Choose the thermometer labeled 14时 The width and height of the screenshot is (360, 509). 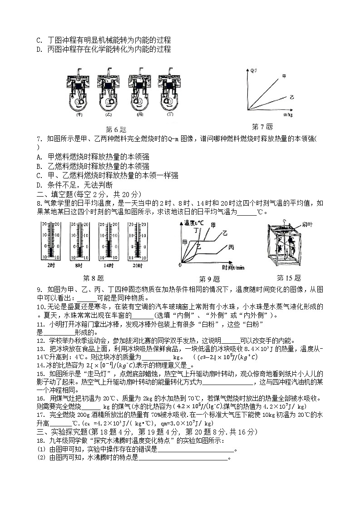tap(108, 241)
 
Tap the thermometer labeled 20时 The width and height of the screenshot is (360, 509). tap(137, 241)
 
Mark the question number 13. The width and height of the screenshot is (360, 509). tap(39, 349)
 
